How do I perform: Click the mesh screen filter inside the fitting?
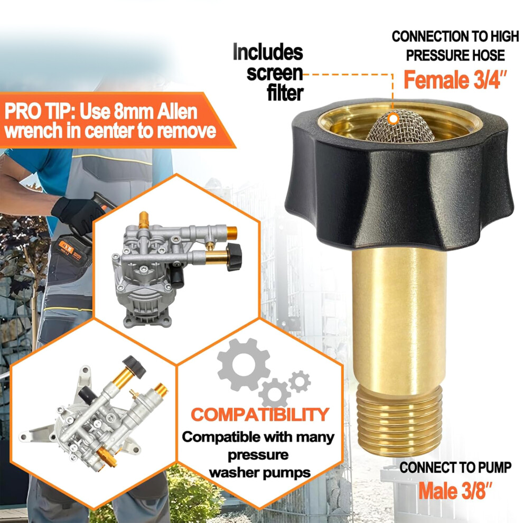coord(400,127)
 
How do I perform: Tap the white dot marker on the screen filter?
coord(394,118)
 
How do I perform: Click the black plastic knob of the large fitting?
coord(399,177)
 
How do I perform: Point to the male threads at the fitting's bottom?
coord(399,421)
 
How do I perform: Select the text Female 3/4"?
coord(455,80)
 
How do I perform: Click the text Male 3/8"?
coord(455,491)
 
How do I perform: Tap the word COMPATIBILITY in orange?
coord(260,415)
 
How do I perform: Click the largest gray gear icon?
coord(244,364)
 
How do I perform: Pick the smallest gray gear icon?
coord(300,381)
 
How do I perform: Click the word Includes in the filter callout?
coord(268,52)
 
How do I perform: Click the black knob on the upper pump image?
coord(234,257)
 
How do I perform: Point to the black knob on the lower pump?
coord(134,367)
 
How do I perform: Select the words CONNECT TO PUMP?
coord(455,468)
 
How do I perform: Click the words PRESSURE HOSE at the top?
coord(455,55)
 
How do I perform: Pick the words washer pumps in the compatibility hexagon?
coord(260,473)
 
